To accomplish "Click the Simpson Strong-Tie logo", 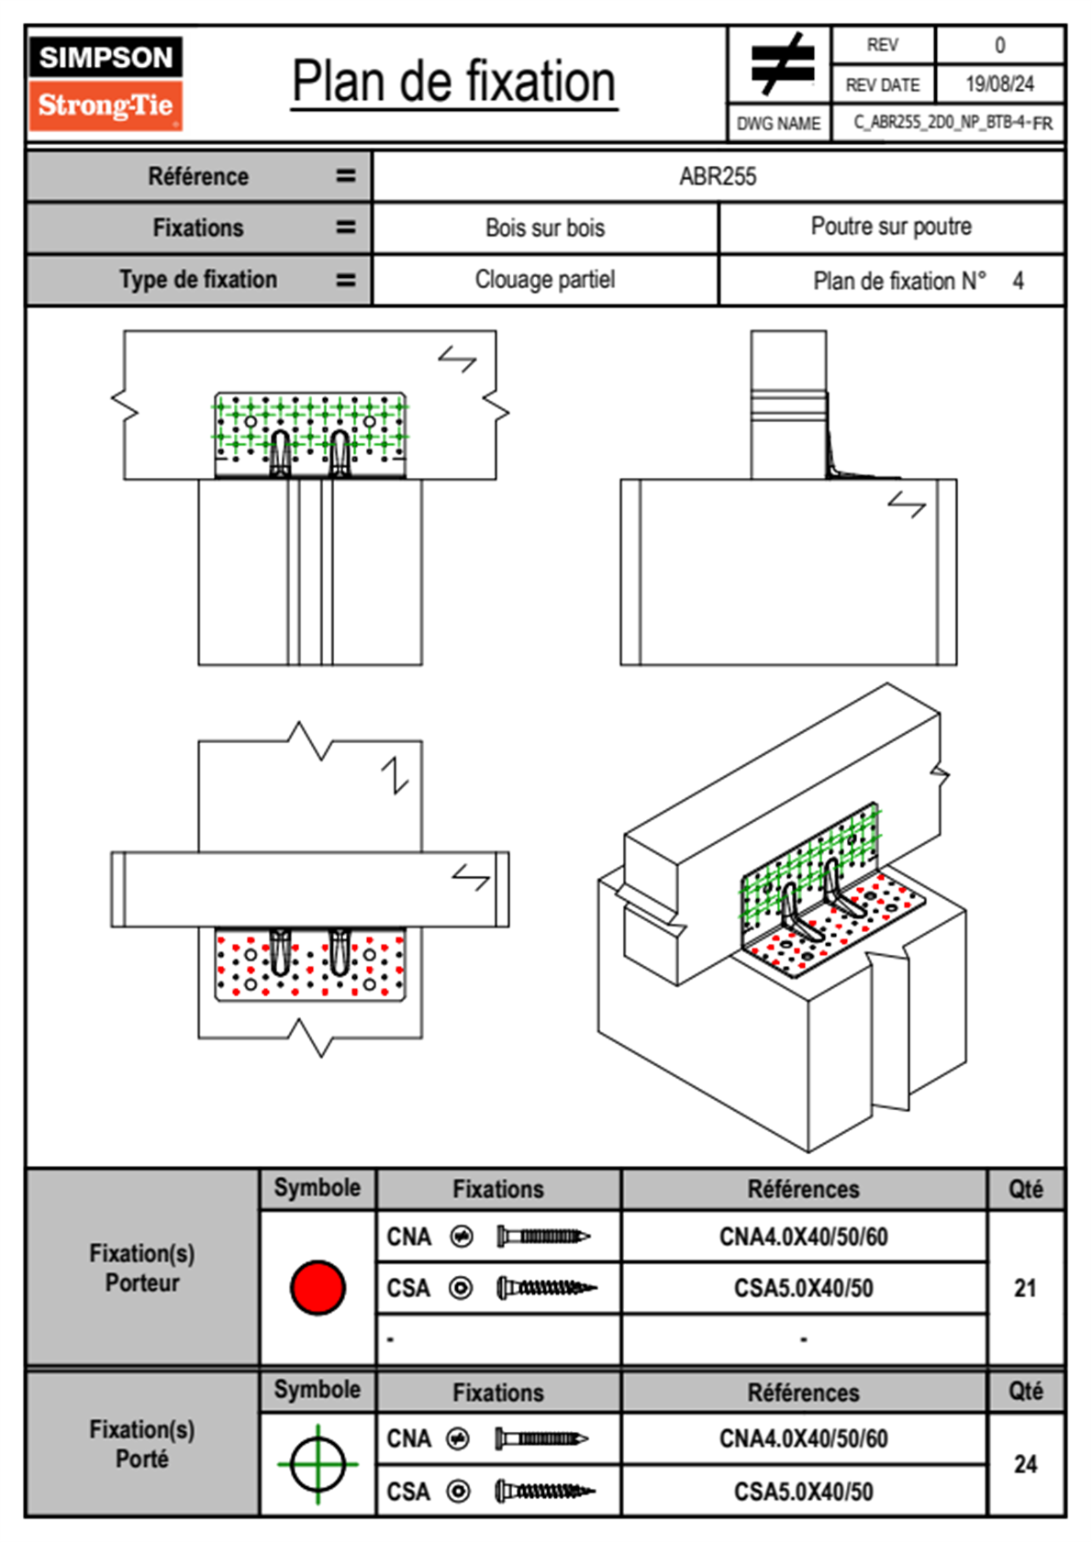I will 106,83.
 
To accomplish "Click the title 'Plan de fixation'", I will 453,82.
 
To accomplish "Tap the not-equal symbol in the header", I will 781,64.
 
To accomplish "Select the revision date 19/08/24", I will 999,84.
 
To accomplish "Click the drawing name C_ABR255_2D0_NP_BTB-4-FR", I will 953,123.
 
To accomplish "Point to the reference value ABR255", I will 718,176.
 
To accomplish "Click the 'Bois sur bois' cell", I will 545,228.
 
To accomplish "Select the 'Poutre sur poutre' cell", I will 891,227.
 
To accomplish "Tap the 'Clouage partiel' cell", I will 545,279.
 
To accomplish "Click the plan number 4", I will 1018,281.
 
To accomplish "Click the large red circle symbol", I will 318,1287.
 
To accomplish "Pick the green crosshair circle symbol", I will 318,1464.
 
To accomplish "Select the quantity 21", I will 1025,1288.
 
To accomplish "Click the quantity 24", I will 1025,1464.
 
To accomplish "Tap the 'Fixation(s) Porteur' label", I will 142,1268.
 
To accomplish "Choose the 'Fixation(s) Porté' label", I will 142,1444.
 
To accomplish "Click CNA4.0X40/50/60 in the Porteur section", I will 803,1237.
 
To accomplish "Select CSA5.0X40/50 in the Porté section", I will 803,1492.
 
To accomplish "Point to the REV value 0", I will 999,45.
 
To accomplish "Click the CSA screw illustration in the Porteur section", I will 546,1288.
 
